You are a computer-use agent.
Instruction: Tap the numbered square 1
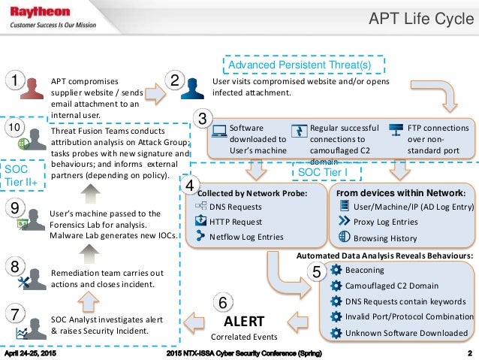[x=14, y=80]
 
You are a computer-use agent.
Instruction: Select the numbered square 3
[x=201, y=119]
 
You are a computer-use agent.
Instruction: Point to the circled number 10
[x=14, y=128]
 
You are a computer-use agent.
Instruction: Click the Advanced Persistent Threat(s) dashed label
[x=300, y=65]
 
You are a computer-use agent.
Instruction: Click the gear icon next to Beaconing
[x=336, y=270]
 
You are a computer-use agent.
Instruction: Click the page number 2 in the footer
[x=468, y=352]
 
